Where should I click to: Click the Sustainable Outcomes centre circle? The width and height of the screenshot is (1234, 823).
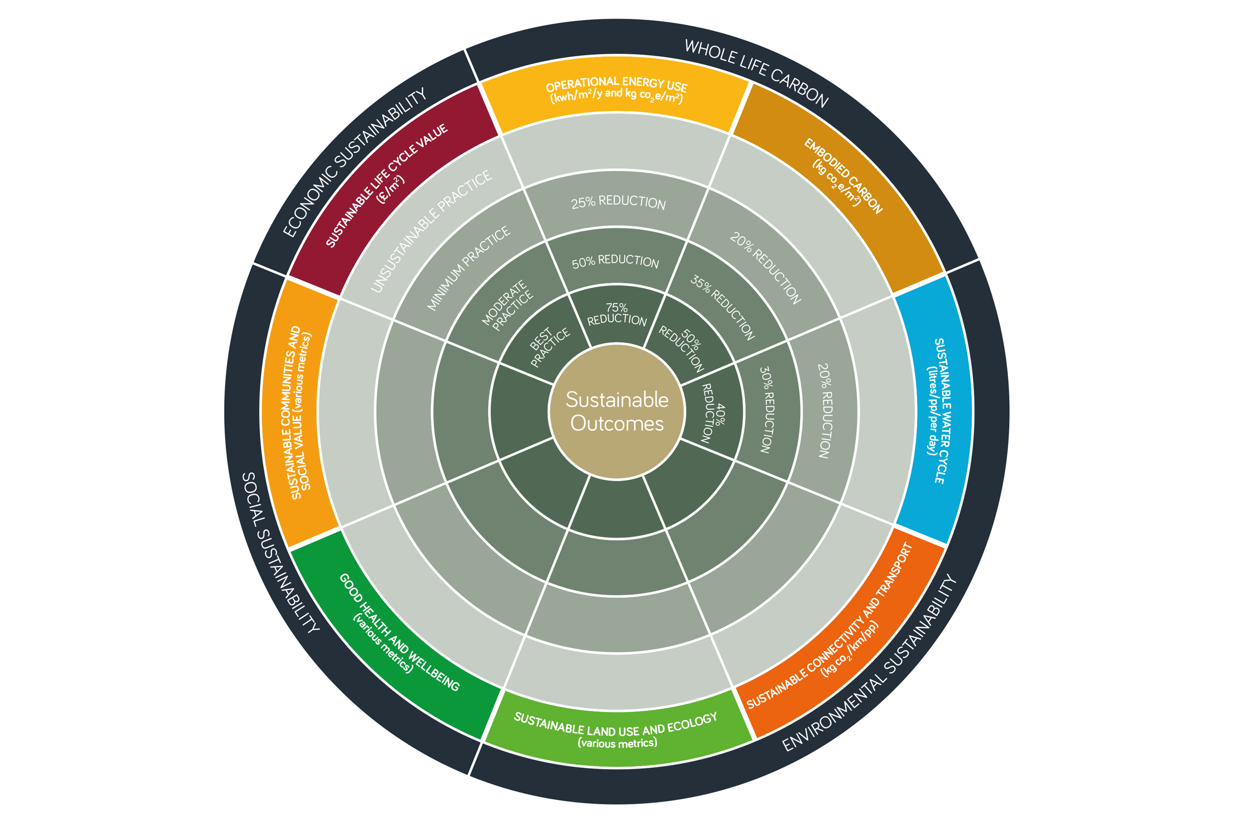click(x=617, y=412)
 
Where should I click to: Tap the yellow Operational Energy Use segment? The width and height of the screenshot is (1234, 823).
click(x=616, y=92)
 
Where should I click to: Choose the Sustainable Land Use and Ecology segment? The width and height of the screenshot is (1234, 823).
click(x=617, y=730)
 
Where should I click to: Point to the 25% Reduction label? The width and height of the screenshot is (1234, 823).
click(x=618, y=202)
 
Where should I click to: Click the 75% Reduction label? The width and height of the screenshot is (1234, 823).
click(x=617, y=314)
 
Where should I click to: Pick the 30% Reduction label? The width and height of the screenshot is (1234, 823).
click(x=767, y=409)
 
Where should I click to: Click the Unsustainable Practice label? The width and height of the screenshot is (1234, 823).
click(x=431, y=231)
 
